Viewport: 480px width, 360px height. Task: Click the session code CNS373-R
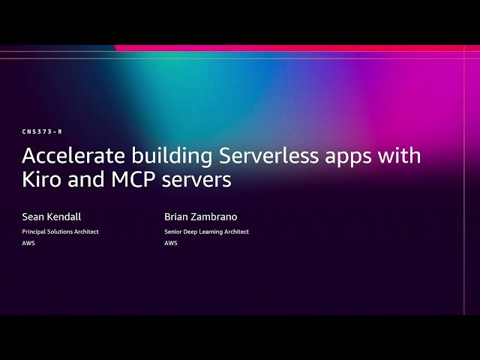pos(41,132)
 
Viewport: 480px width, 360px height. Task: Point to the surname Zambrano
pos(216,216)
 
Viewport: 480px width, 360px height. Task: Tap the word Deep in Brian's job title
pos(193,232)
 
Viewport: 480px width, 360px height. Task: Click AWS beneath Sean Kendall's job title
pos(28,243)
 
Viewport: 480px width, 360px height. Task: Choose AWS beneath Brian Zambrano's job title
pos(171,243)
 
